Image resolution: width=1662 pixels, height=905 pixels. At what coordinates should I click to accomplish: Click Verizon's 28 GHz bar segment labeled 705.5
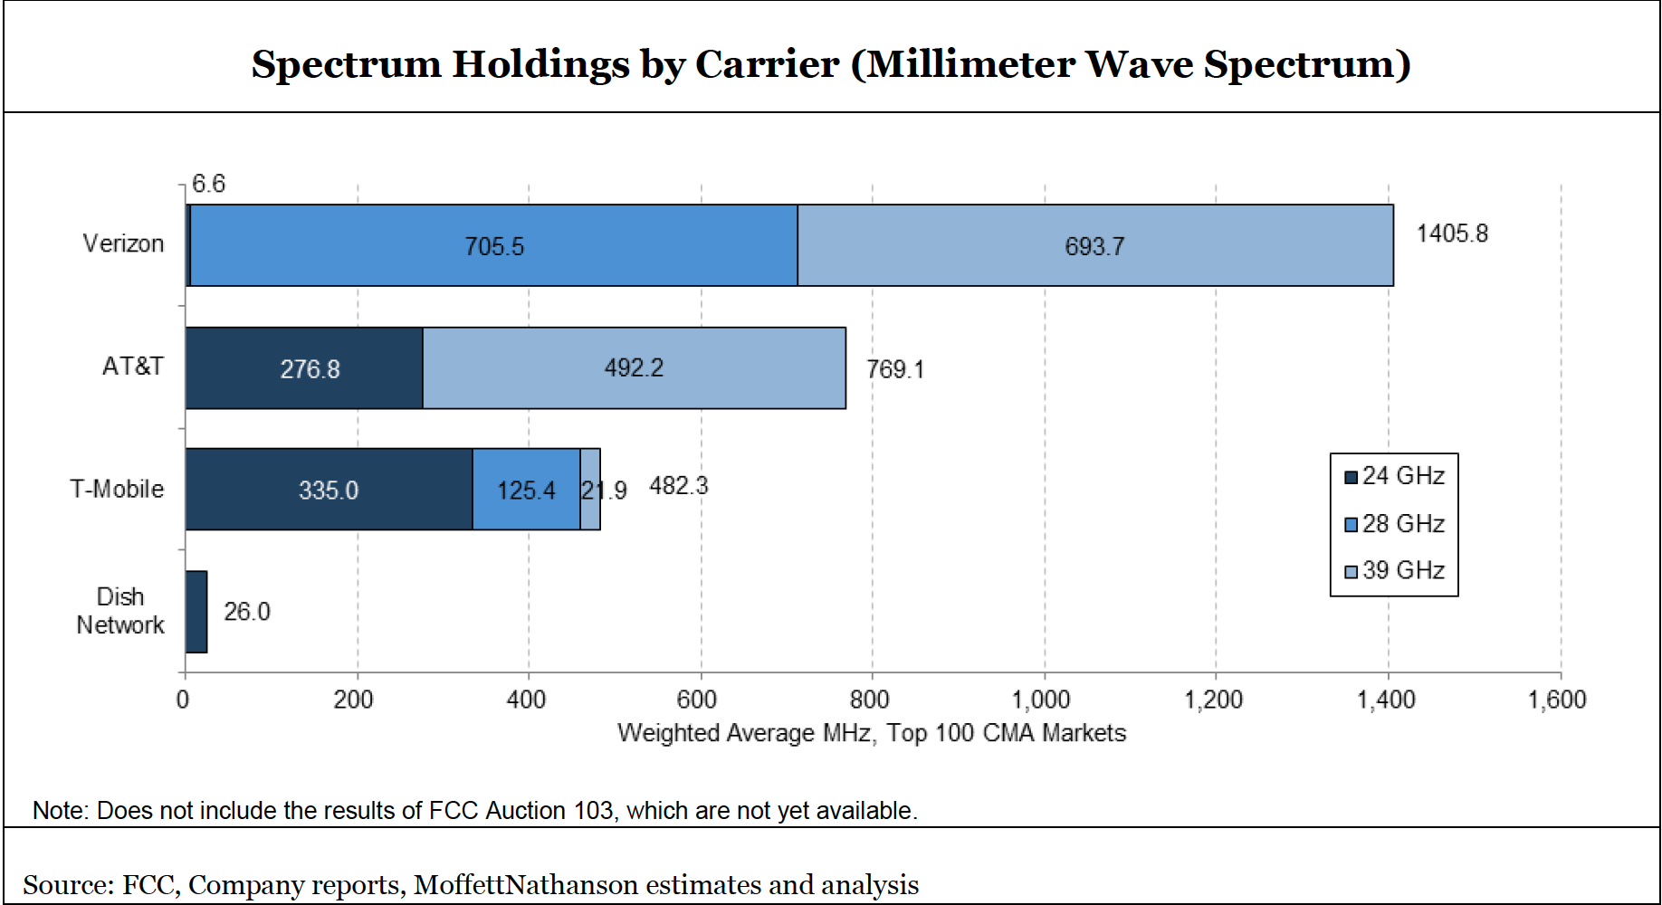tap(493, 245)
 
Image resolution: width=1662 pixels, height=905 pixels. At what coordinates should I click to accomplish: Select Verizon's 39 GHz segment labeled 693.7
tap(1094, 245)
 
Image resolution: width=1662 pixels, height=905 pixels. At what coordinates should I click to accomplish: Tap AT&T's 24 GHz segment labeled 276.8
tap(304, 368)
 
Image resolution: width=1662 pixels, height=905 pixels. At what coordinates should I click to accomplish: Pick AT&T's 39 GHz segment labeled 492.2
tap(634, 367)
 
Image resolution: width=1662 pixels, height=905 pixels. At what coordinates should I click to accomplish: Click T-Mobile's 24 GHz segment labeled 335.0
tap(329, 490)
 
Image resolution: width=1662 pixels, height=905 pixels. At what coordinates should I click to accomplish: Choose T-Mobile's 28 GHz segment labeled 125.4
tap(526, 490)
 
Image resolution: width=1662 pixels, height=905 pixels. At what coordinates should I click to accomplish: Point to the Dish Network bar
tap(196, 612)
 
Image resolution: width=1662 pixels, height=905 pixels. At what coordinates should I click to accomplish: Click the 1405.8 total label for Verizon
tap(1452, 233)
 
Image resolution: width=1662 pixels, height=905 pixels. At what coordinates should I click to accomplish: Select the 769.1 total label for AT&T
tap(895, 369)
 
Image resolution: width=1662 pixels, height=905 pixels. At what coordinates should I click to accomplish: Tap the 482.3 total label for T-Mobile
tap(679, 486)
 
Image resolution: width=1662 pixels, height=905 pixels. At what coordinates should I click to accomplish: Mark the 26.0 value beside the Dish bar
tap(247, 612)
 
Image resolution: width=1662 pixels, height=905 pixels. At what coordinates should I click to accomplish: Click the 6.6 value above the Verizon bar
tap(208, 184)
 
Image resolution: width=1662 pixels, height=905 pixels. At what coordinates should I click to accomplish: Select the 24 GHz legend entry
tap(1395, 476)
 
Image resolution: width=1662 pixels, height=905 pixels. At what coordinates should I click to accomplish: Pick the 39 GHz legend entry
tap(1395, 570)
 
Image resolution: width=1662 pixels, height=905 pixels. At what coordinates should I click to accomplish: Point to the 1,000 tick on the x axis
tap(1041, 700)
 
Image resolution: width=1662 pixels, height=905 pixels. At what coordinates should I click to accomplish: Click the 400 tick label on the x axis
tap(526, 700)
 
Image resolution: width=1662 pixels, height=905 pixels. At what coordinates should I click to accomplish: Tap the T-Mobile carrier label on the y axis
tap(118, 489)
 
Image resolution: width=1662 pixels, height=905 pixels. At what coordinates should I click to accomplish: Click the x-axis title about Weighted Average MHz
tap(872, 732)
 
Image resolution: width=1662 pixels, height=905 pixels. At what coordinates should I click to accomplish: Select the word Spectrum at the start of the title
tap(346, 64)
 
